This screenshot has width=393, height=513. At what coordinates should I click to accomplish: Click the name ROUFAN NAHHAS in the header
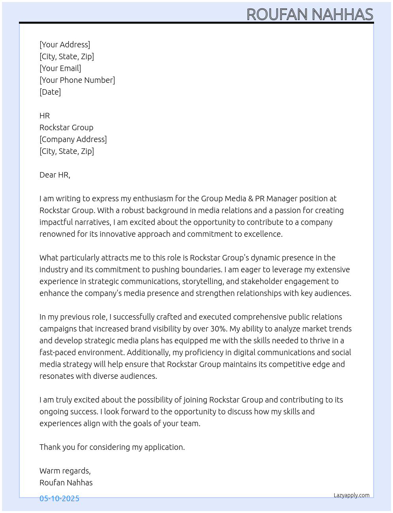pyautogui.click(x=310, y=15)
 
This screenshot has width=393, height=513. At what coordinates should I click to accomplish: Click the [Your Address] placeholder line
pyautogui.click(x=65, y=45)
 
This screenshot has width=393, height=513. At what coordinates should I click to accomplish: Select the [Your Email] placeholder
pyautogui.click(x=60, y=68)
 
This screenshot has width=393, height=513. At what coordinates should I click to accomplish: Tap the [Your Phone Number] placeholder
pyautogui.click(x=77, y=80)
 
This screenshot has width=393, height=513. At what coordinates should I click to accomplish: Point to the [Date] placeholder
pyautogui.click(x=50, y=92)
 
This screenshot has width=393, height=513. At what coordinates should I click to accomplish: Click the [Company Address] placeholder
pyautogui.click(x=73, y=139)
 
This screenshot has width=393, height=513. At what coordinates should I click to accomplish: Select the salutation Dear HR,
pyautogui.click(x=55, y=175)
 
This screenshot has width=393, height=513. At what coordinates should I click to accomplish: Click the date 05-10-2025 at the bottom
pyautogui.click(x=59, y=498)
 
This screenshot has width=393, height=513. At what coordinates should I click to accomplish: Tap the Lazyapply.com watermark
pyautogui.click(x=351, y=495)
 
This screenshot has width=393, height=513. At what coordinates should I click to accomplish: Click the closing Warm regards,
pyautogui.click(x=65, y=471)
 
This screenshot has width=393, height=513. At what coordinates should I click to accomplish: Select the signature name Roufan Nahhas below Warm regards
pyautogui.click(x=66, y=483)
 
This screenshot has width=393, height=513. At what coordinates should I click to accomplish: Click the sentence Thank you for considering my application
pyautogui.click(x=112, y=447)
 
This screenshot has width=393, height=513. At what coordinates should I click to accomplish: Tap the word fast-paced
pyautogui.click(x=56, y=352)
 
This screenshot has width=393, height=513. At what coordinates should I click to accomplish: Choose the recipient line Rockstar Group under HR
pyautogui.click(x=66, y=127)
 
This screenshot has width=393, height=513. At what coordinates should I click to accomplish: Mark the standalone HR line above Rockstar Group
pyautogui.click(x=45, y=116)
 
